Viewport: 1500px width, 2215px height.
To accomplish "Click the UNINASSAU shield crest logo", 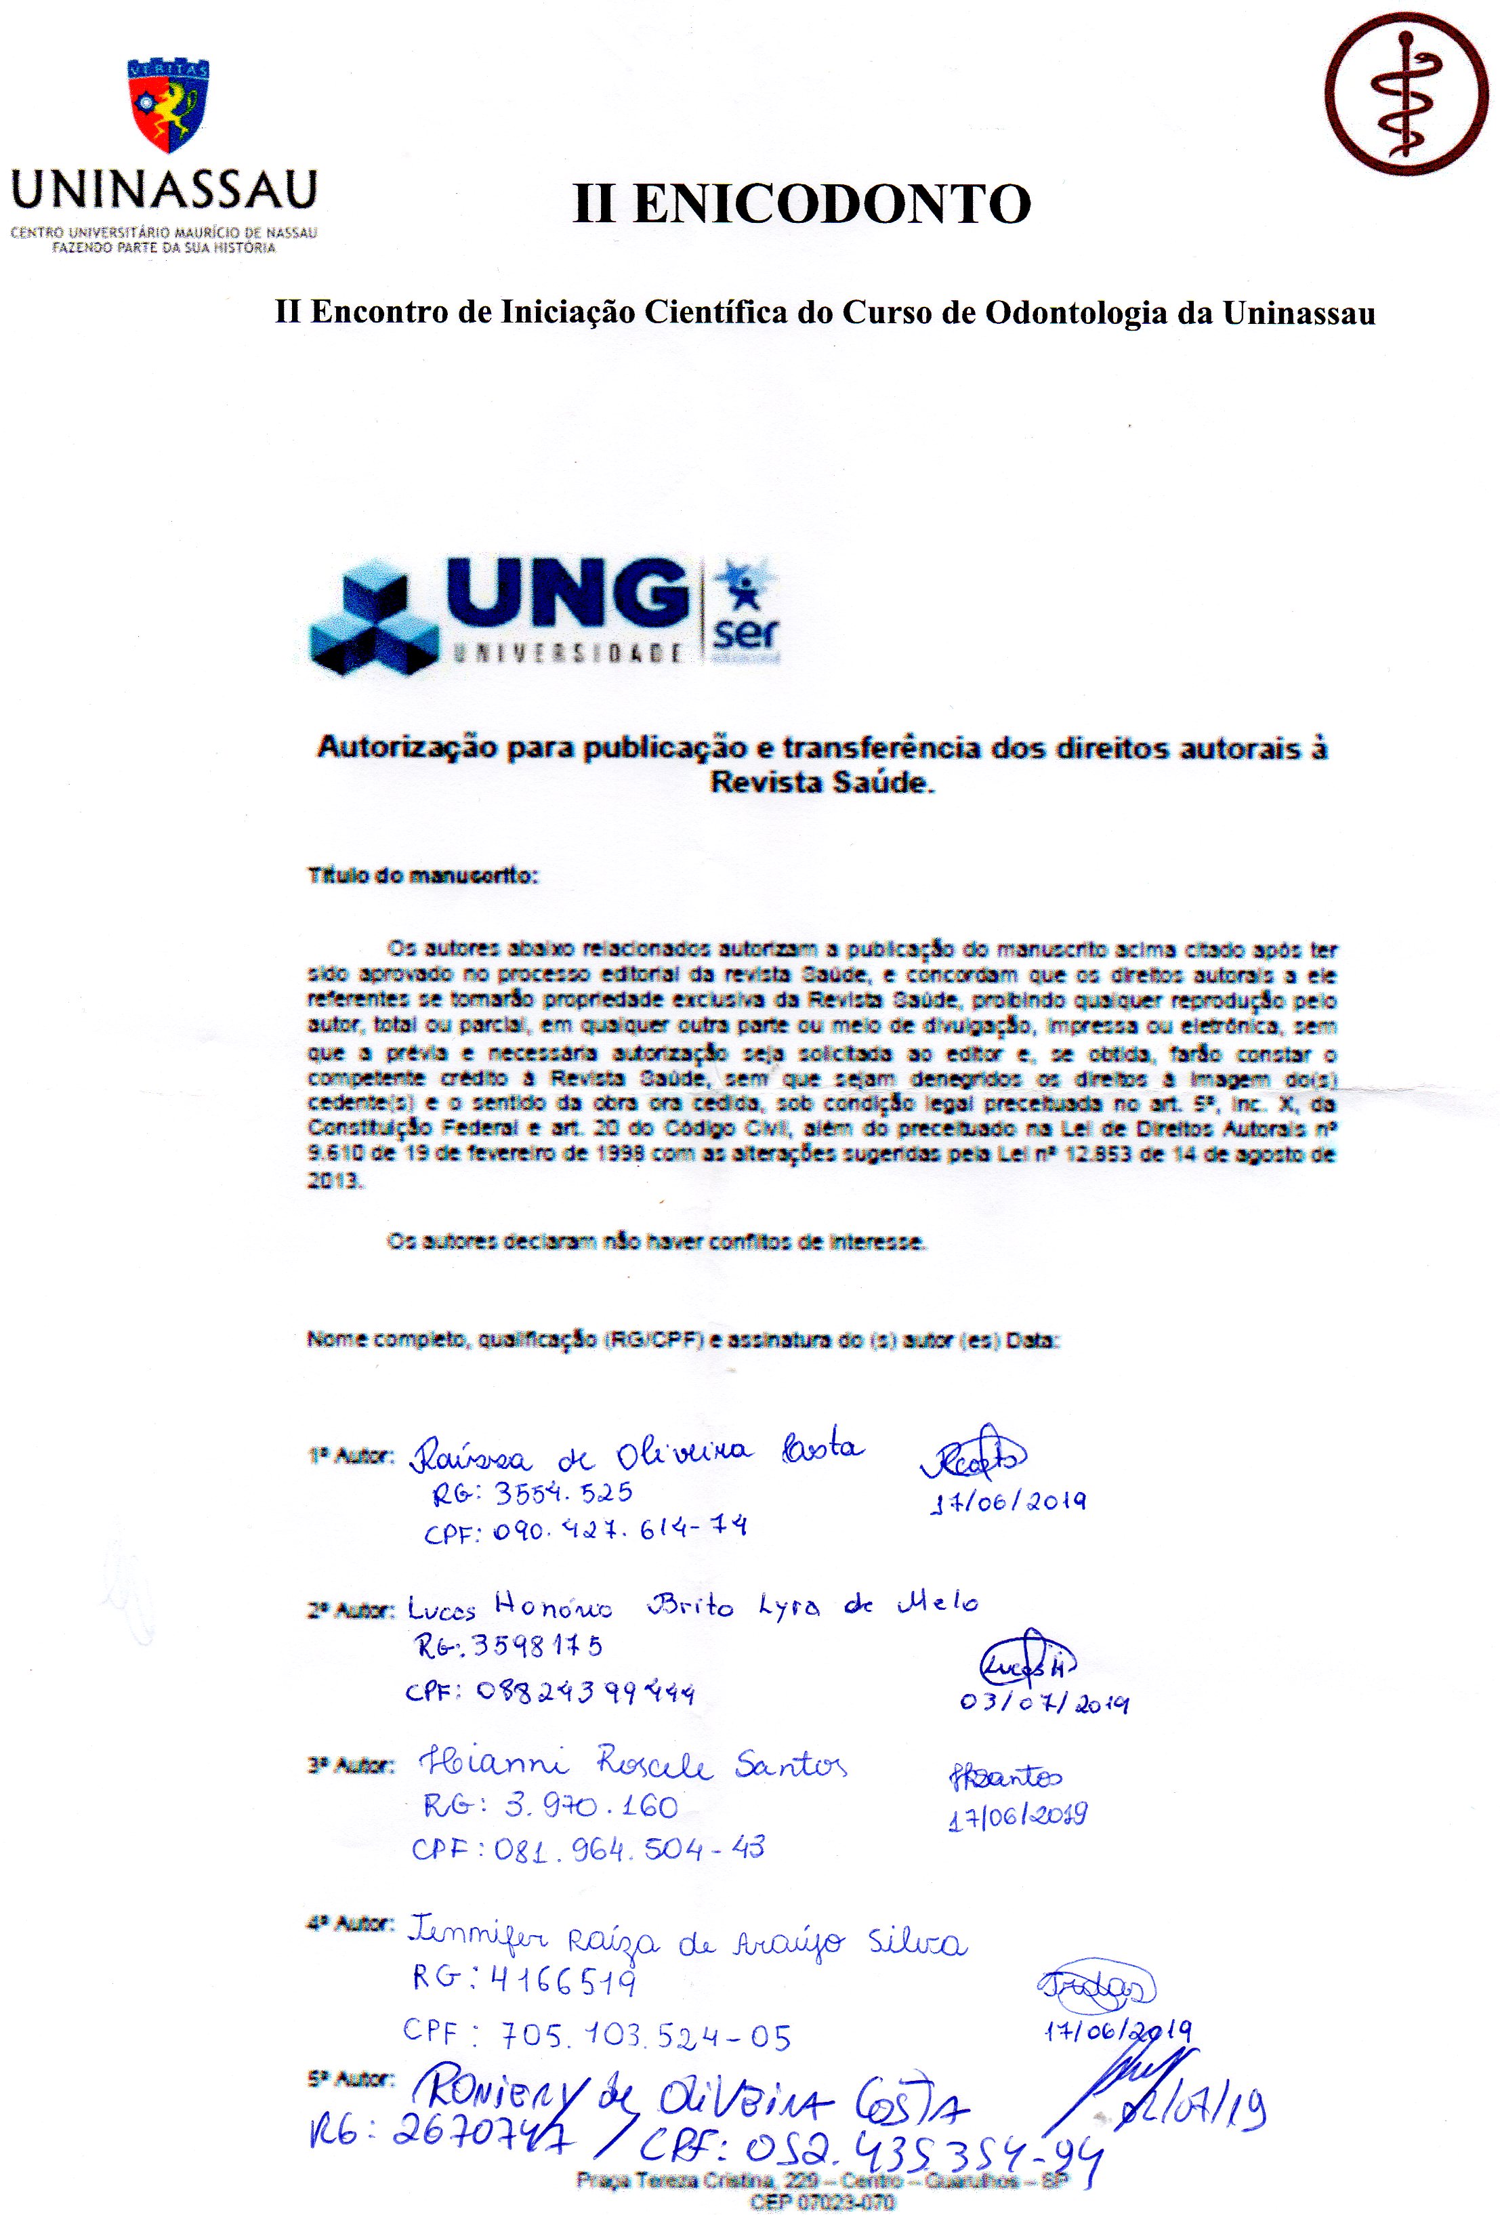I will click(x=168, y=105).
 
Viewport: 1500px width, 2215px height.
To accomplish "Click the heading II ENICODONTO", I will click(x=801, y=204).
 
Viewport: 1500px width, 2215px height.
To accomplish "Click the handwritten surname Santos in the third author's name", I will click(x=790, y=1765).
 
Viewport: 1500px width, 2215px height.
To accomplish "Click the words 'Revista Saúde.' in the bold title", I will click(x=821, y=783).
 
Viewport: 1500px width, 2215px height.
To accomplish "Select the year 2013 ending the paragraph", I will click(x=333, y=1180).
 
